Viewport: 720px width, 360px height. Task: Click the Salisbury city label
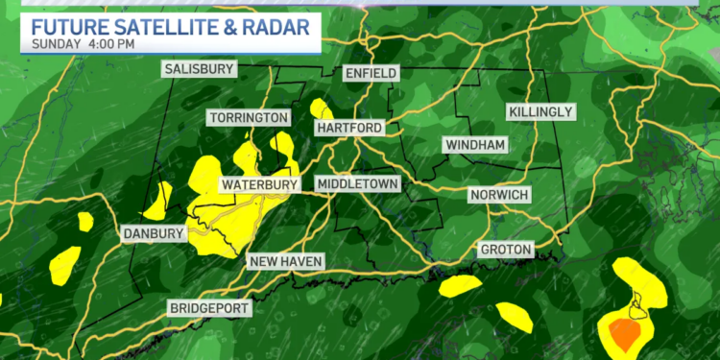pyautogui.click(x=200, y=69)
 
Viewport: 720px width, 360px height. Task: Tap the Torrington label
pyautogui.click(x=248, y=117)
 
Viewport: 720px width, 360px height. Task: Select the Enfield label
pyautogui.click(x=371, y=73)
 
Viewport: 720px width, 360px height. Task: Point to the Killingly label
pyautogui.click(x=540, y=112)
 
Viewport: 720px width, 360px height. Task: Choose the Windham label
pyautogui.click(x=473, y=145)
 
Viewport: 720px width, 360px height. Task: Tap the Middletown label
pyautogui.click(x=363, y=183)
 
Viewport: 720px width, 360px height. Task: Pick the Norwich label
pyautogui.click(x=499, y=195)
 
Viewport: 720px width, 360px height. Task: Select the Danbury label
pyautogui.click(x=153, y=233)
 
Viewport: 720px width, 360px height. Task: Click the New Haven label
pyautogui.click(x=286, y=261)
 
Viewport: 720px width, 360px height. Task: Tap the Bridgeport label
pyautogui.click(x=209, y=308)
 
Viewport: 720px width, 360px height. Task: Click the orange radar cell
pyautogui.click(x=625, y=334)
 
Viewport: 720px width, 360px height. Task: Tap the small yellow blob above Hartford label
pyautogui.click(x=321, y=108)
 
